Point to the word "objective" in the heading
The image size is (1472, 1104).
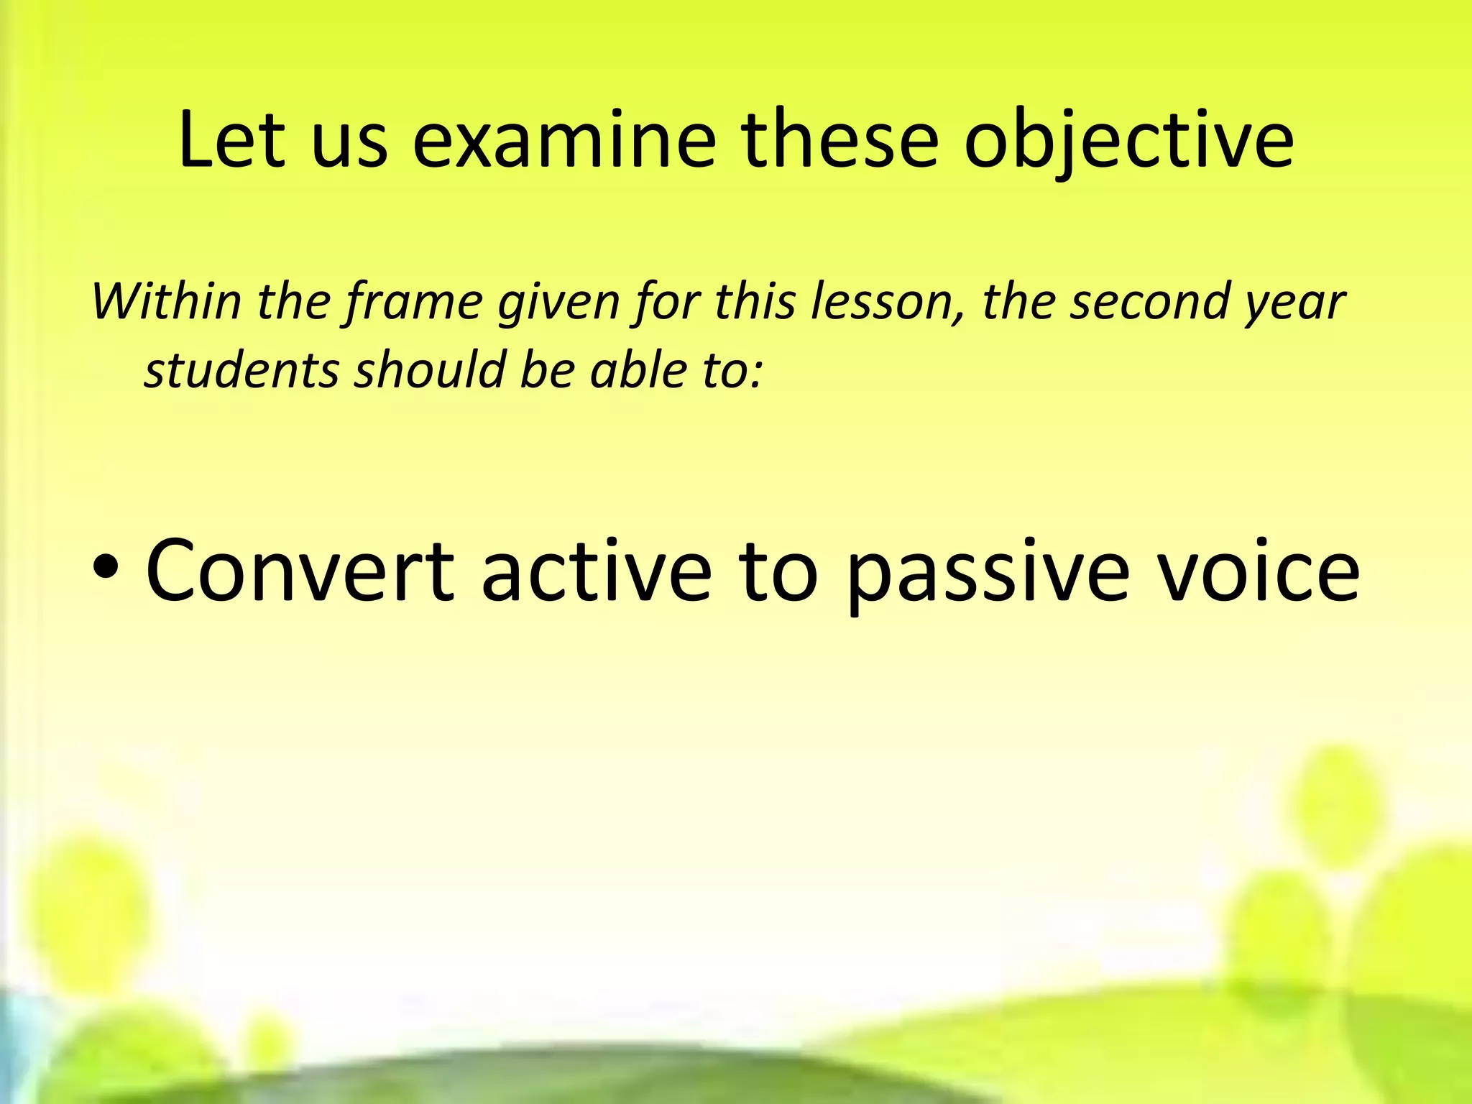(1128, 142)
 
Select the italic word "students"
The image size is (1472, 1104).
(241, 370)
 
